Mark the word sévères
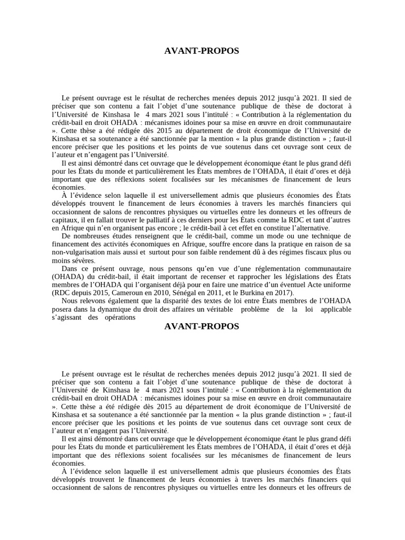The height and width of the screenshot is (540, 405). [83, 261]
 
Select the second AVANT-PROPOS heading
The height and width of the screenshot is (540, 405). [202, 326]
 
